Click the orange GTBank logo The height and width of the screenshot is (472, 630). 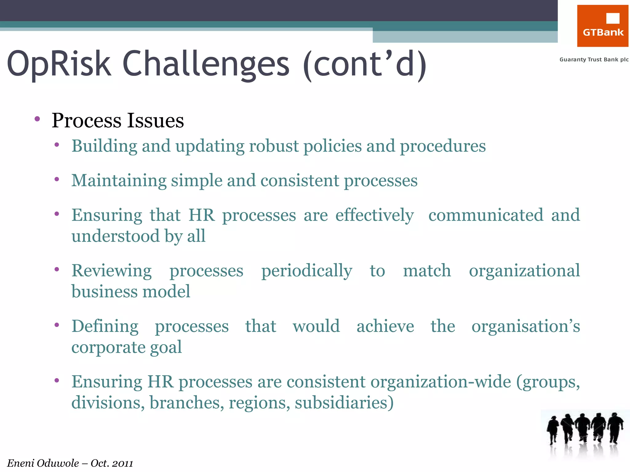pyautogui.click(x=602, y=26)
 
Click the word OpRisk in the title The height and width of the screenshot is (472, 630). pyautogui.click(x=58, y=64)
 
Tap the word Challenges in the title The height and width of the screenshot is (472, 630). pyautogui.click(x=206, y=64)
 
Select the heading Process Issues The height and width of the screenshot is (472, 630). pyautogui.click(x=118, y=120)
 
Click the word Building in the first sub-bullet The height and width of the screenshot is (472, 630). pyautogui.click(x=104, y=146)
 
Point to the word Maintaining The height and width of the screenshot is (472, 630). pyautogui.click(x=119, y=180)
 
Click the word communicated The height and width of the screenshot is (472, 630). pyautogui.click(x=486, y=215)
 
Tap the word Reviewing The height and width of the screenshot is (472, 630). pyautogui.click(x=111, y=271)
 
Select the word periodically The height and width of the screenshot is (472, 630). pyautogui.click(x=307, y=271)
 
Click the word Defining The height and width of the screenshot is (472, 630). pyautogui.click(x=105, y=326)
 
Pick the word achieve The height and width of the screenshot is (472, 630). pyautogui.click(x=385, y=326)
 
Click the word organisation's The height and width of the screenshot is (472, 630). pyautogui.click(x=525, y=326)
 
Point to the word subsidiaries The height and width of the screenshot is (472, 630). pyautogui.click(x=344, y=403)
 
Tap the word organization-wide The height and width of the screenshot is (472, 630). pyautogui.click(x=441, y=382)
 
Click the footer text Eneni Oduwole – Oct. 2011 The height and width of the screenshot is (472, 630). pyautogui.click(x=70, y=463)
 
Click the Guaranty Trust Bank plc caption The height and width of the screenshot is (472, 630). pyautogui.click(x=594, y=60)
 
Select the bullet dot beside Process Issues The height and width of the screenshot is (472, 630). pyautogui.click(x=37, y=119)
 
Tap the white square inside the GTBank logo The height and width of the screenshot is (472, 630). pyautogui.click(x=612, y=18)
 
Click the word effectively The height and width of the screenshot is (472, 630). pyautogui.click(x=374, y=215)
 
